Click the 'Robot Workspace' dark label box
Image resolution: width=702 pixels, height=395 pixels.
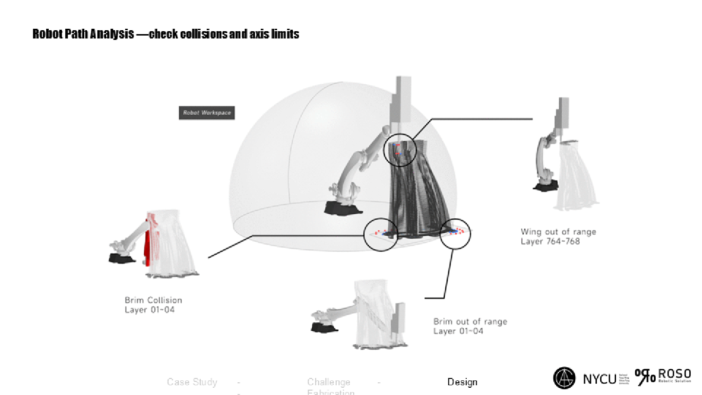207,113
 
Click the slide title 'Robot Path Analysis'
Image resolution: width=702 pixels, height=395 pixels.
83,34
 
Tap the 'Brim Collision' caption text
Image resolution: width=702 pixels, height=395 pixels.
153,300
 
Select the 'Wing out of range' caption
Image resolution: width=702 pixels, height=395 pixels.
558,231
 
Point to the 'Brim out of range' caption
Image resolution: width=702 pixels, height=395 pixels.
470,321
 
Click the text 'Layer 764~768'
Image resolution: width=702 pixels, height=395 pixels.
550,241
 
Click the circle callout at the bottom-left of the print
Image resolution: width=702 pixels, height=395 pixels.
381,235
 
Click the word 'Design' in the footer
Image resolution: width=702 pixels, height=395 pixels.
462,382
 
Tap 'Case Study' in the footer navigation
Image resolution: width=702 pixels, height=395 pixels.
192,382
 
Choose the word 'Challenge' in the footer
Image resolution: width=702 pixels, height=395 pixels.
329,382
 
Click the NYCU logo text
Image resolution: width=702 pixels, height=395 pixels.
599,378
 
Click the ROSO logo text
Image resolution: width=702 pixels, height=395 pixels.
675,374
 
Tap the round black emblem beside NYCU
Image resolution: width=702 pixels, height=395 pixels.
565,378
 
